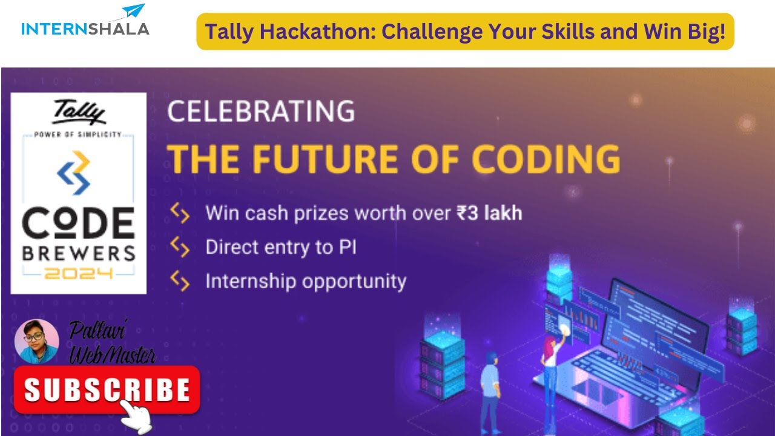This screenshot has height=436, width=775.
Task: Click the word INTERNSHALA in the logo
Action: coord(85,28)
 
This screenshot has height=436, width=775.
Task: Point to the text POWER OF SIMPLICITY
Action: coord(79,134)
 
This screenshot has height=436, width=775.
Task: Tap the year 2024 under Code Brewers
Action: coord(79,274)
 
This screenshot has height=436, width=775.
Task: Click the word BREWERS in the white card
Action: coord(79,253)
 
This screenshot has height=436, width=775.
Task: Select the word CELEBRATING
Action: coord(261,112)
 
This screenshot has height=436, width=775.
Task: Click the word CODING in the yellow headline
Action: coord(546,159)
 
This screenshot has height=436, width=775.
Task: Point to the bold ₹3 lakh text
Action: coord(489,213)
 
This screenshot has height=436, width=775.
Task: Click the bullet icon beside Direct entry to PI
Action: coord(180,246)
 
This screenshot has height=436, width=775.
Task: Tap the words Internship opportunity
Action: coord(306,282)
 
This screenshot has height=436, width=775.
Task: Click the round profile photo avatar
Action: coord(36,341)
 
